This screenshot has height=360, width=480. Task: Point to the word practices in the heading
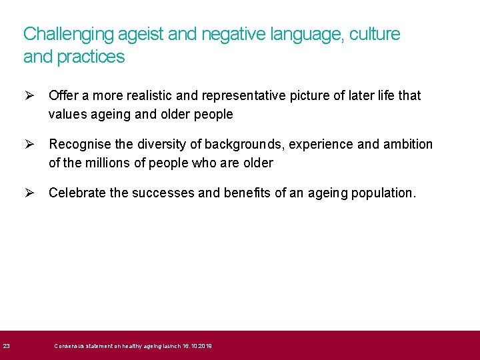[x=91, y=57]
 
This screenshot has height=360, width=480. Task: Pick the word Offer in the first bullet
[x=63, y=95]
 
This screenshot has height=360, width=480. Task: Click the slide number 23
[x=6, y=345]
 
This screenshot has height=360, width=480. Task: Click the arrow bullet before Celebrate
[x=29, y=193]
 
